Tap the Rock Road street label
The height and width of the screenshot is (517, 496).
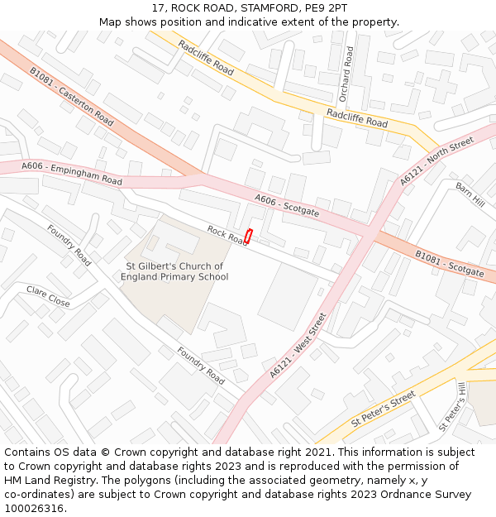tap(227, 236)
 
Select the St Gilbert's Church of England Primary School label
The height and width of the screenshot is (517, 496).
tap(174, 271)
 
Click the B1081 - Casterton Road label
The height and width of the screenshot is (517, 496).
tap(72, 97)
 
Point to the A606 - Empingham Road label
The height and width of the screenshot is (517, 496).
tap(72, 174)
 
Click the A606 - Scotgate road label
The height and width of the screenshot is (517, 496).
tap(287, 205)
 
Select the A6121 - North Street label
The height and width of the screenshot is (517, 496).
tap(436, 160)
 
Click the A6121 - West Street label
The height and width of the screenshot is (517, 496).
tap(298, 344)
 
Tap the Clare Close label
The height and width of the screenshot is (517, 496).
tap(48, 295)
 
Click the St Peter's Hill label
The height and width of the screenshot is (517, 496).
tap(453, 406)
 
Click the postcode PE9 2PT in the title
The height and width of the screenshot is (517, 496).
tap(323, 7)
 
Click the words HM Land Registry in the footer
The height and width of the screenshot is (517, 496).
tap(45, 481)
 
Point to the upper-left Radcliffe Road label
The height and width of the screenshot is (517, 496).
tap(206, 55)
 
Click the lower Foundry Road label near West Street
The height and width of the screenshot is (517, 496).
tap(200, 365)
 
